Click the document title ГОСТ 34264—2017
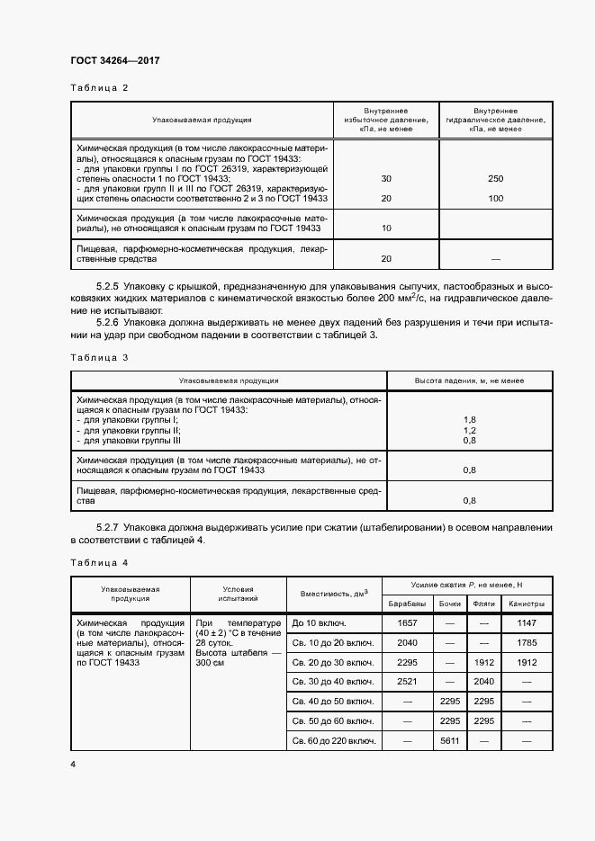tap(113, 61)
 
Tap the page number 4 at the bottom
tap(72, 764)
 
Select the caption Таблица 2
tap(100, 88)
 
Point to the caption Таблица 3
tap(100, 357)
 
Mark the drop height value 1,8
tap(469, 420)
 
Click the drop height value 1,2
tap(469, 431)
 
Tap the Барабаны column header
tap(407, 604)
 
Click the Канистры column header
tap(527, 604)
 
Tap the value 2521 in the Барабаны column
tap(407, 682)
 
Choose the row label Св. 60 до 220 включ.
tap(332, 741)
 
